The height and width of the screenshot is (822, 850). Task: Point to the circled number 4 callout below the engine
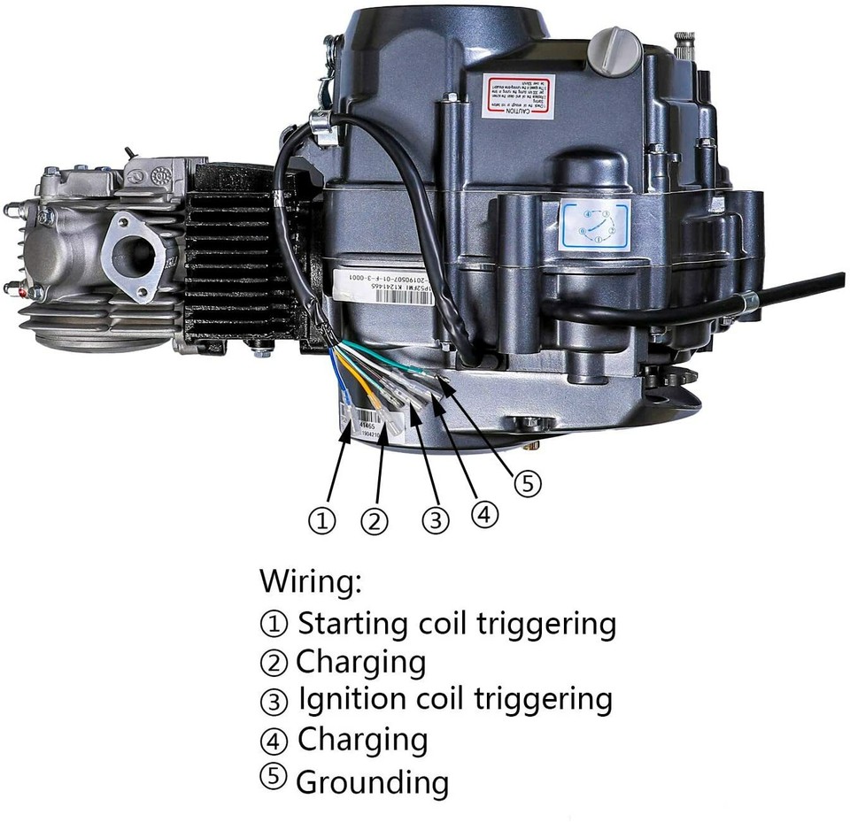484,513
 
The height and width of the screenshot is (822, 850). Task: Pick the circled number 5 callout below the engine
528,483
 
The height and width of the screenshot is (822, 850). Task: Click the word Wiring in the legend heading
311,582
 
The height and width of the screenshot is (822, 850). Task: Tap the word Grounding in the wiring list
372,782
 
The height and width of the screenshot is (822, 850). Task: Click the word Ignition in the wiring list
355,700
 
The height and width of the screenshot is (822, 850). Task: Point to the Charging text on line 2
360,663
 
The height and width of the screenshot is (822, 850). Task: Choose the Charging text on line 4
362,740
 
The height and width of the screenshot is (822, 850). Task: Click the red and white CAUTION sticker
518,96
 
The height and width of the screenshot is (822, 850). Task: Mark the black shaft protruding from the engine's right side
801,288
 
